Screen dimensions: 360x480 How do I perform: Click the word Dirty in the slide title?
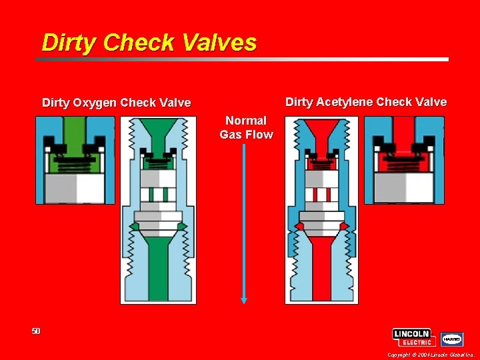[x=66, y=43]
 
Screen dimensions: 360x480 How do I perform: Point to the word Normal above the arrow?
[x=246, y=121]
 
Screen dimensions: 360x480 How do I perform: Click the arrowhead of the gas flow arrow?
[x=244, y=299]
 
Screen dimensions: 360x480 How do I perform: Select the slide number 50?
[x=36, y=331]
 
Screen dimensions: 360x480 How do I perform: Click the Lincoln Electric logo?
[x=414, y=337]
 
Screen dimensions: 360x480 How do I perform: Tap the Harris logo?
[x=452, y=339]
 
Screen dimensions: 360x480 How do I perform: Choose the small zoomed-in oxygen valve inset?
[x=75, y=160]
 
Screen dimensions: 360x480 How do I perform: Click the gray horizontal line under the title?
[x=240, y=59]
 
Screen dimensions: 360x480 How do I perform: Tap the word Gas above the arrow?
[x=231, y=135]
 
